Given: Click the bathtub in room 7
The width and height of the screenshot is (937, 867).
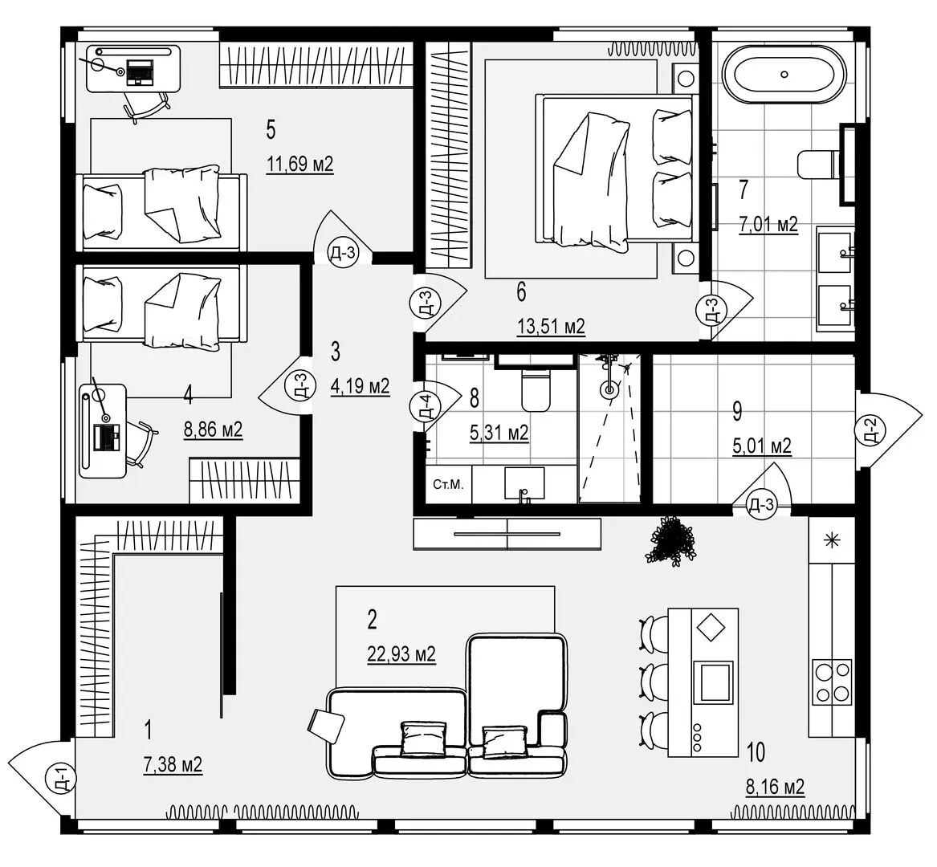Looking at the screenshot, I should point(784,74).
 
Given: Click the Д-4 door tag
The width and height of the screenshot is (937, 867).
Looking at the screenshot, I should point(426,406).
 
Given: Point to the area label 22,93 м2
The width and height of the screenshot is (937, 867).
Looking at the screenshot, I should point(401,654).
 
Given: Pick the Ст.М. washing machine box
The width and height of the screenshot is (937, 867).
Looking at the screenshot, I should point(446,485).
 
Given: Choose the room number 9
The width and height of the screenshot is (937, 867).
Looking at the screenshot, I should point(737,411).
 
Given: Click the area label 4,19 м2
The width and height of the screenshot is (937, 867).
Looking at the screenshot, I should point(360,386).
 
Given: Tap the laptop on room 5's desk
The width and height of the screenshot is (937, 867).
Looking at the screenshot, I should point(141,71).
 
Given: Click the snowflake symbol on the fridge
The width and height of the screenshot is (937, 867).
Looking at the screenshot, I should point(831,539).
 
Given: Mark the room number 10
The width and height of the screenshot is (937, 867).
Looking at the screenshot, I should point(755,752).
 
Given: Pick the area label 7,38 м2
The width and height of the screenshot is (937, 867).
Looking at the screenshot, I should point(173,765).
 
